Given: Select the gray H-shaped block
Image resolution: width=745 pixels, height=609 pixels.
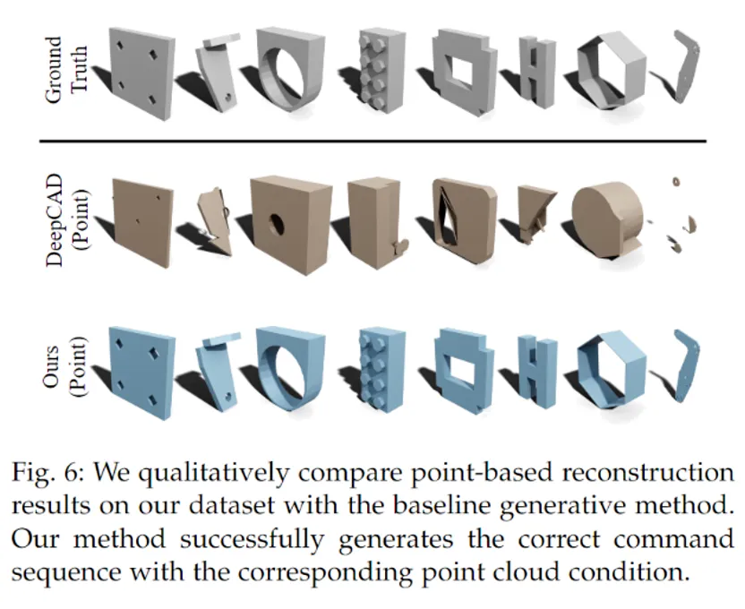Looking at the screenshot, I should tap(538, 73).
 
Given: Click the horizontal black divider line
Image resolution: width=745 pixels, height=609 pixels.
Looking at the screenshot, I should tap(372, 142).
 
